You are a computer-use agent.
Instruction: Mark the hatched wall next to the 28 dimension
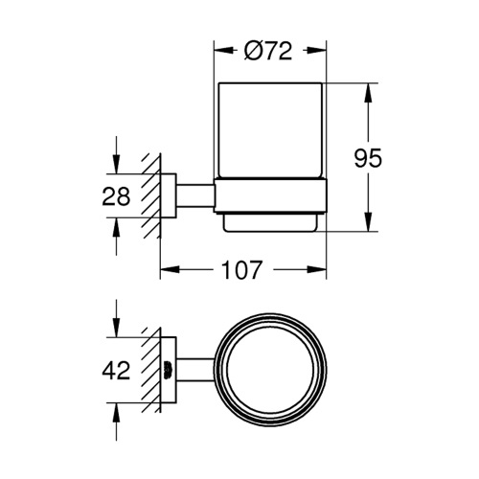click(149, 197)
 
